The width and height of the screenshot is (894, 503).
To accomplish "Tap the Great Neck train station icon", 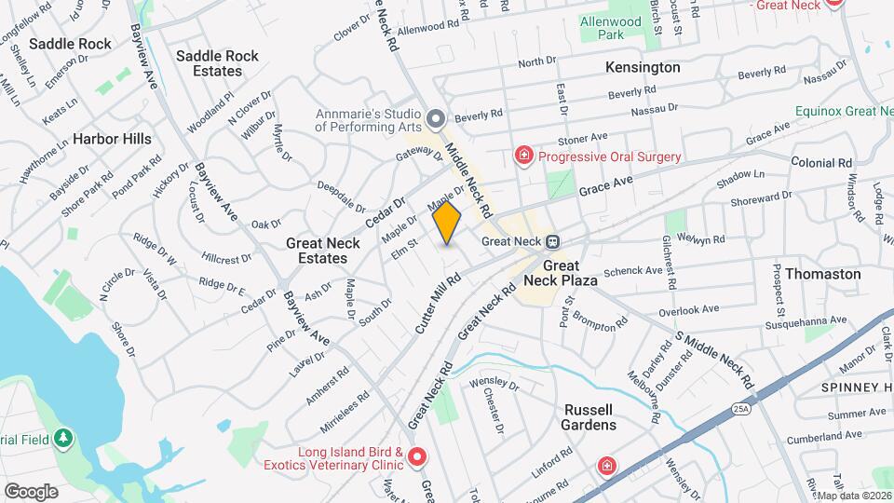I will point(552,241).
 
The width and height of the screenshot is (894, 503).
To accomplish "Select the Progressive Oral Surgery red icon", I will point(524,156).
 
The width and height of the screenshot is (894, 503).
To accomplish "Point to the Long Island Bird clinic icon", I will point(417,456).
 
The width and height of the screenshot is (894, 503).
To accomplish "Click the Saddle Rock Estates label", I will point(217,63).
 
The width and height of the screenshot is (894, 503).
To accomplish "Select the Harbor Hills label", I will point(112,139).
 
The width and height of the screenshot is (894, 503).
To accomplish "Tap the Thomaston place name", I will point(822,274).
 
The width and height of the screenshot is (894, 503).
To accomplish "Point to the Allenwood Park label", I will point(610,28).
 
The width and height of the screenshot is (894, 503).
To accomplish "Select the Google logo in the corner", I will point(31,491).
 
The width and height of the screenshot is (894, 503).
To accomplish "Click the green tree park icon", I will point(62,437).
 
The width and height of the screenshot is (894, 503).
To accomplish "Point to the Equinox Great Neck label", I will point(843,111).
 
